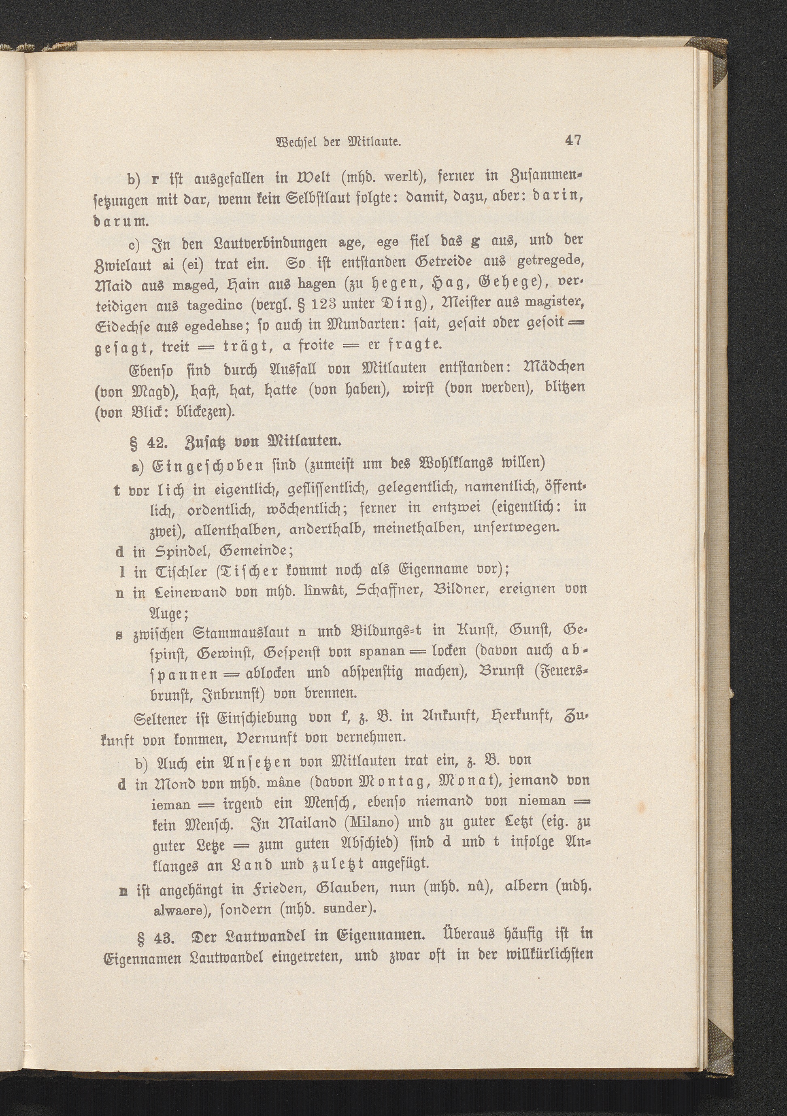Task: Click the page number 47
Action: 572,141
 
